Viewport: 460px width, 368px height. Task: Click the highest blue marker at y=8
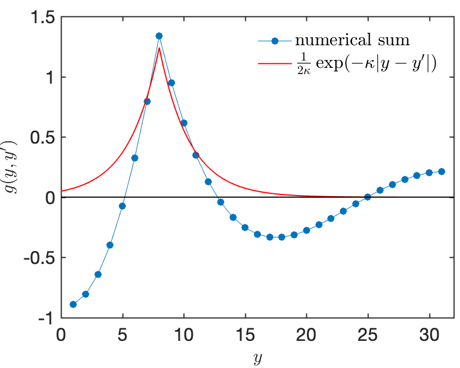[159, 36]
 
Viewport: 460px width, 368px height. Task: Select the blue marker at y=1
[73, 304]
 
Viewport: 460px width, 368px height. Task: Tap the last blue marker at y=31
[441, 171]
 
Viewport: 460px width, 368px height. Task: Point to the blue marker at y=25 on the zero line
[367, 197]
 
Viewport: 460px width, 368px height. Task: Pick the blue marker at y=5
[122, 206]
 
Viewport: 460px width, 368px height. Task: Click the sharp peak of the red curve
[159, 48]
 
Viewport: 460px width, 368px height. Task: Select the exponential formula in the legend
[367, 63]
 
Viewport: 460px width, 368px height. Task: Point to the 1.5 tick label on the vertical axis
[42, 18]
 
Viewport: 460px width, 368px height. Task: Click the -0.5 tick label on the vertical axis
[40, 258]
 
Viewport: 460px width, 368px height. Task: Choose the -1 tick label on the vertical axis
[46, 318]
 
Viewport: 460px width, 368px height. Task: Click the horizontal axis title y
[257, 357]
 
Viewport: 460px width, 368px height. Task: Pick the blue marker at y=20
[306, 230]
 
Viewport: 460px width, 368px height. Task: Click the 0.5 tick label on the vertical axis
[42, 138]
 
